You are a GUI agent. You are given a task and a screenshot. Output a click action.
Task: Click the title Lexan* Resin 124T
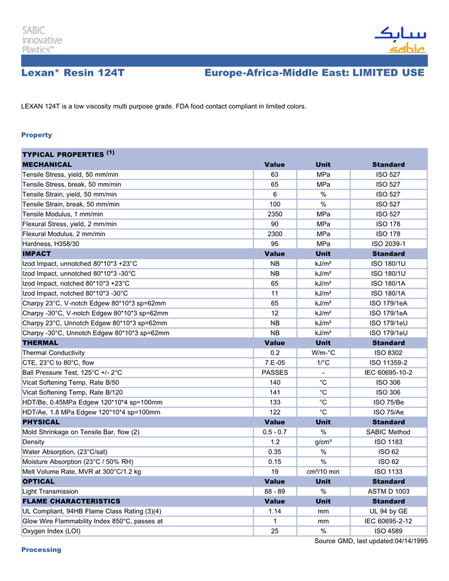[x=72, y=73]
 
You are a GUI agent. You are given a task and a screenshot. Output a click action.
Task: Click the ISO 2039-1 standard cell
[x=388, y=244]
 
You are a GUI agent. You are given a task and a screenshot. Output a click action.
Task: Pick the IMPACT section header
[x=37, y=254]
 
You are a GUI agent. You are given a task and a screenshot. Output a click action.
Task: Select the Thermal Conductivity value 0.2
[x=275, y=352]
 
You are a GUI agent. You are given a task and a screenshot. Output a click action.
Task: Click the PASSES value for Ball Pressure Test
[x=275, y=372]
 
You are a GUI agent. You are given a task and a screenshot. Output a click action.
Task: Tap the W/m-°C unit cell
[x=323, y=352]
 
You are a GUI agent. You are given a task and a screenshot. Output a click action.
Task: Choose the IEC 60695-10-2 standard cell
[x=388, y=372]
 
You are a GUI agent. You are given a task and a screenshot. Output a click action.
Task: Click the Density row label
[x=33, y=442]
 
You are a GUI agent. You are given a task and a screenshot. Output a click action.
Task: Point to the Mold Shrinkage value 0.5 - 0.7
[x=275, y=432]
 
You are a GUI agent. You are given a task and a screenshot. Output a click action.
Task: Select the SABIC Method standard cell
[x=388, y=432]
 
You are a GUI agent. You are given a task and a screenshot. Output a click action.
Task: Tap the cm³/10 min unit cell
[x=323, y=471]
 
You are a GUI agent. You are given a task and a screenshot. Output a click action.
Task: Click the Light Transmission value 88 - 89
[x=275, y=491]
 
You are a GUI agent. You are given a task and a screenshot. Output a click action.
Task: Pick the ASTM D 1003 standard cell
[x=388, y=491]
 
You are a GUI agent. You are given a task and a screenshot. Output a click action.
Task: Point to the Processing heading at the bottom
[x=41, y=550]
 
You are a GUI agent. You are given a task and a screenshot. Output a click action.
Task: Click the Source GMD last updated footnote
[x=371, y=541]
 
